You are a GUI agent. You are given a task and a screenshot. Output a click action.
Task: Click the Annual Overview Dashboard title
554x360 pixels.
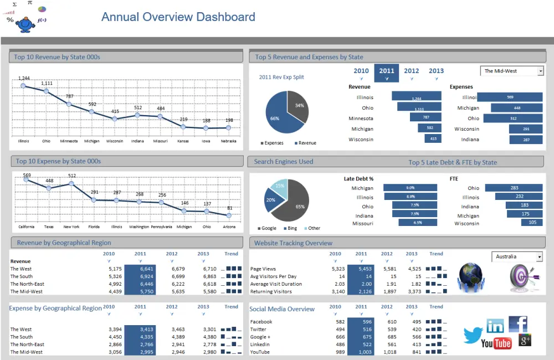(x=178, y=17)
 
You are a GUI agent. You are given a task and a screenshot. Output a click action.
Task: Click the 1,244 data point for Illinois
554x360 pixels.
(x=23, y=86)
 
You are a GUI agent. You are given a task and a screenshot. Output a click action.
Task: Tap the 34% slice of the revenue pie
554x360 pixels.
(x=298, y=106)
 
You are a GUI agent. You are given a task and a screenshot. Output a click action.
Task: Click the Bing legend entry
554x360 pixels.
(x=291, y=228)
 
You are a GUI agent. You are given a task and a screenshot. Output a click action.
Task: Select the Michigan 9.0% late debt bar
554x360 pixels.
(x=410, y=188)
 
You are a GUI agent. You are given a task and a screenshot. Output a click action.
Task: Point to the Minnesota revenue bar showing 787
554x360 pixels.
(x=425, y=117)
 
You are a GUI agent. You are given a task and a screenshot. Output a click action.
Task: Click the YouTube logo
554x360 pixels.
(x=496, y=343)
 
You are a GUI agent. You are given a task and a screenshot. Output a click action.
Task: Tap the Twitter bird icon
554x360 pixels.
(x=473, y=335)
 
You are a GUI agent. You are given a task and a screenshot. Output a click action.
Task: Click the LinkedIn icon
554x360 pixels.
(x=495, y=326)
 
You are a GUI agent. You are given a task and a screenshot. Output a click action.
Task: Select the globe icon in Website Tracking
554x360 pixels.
(x=470, y=277)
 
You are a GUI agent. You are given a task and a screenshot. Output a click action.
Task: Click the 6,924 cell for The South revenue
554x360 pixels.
(x=140, y=276)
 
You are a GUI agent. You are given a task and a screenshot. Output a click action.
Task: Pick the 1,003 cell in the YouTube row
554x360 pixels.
(x=361, y=352)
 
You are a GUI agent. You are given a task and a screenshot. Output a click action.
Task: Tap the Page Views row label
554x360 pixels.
(x=264, y=269)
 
